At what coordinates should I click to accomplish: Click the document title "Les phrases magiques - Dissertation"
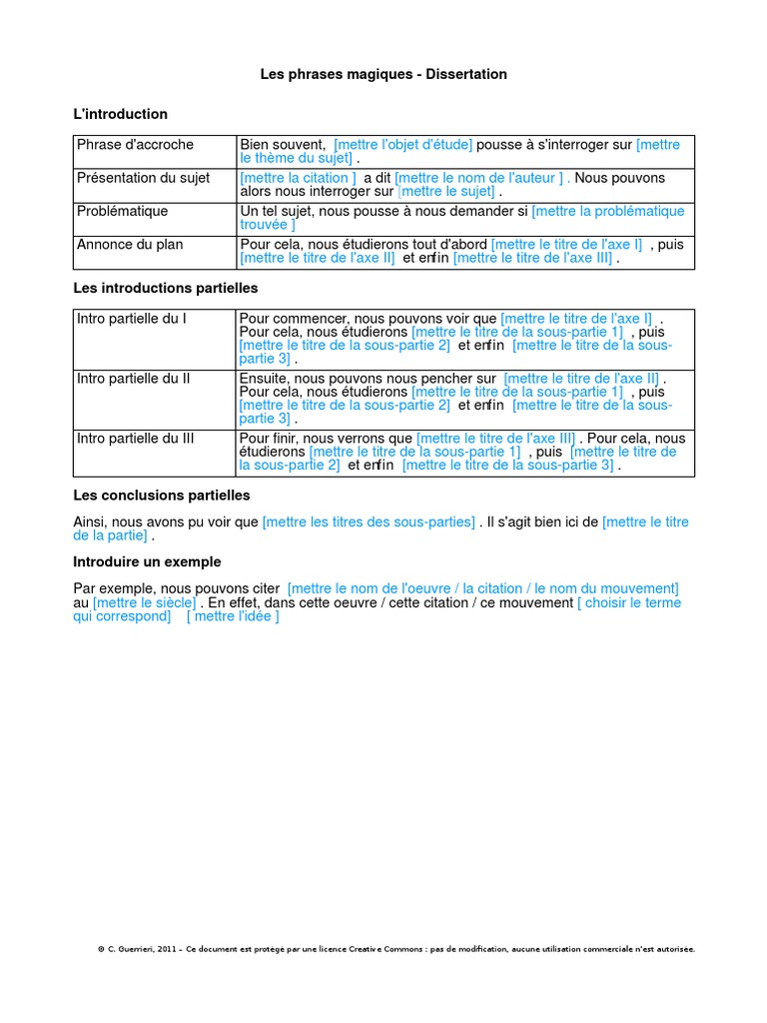(x=383, y=74)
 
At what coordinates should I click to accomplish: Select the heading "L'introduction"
(x=121, y=114)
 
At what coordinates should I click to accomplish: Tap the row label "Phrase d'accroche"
(x=136, y=145)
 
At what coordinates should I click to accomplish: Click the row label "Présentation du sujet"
(x=147, y=178)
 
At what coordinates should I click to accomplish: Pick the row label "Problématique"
(x=123, y=212)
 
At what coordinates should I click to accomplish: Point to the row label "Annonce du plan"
(x=130, y=245)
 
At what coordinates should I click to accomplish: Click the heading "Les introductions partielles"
(x=166, y=288)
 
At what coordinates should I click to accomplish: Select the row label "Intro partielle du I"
(x=132, y=319)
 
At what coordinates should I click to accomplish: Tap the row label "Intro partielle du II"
(x=134, y=379)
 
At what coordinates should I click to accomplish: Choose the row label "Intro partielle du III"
(x=136, y=438)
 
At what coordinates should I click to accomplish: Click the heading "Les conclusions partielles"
(x=162, y=496)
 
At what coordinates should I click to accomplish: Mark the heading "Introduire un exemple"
(x=148, y=561)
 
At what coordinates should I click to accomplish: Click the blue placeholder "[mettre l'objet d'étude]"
(x=403, y=145)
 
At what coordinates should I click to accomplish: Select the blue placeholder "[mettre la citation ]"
(x=299, y=178)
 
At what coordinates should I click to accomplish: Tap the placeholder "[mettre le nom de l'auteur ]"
(x=480, y=178)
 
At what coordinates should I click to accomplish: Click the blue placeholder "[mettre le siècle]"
(x=145, y=603)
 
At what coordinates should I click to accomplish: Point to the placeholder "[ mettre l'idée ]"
(x=233, y=616)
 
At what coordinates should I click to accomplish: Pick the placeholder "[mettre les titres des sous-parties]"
(x=369, y=522)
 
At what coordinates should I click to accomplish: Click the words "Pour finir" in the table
(x=268, y=438)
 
